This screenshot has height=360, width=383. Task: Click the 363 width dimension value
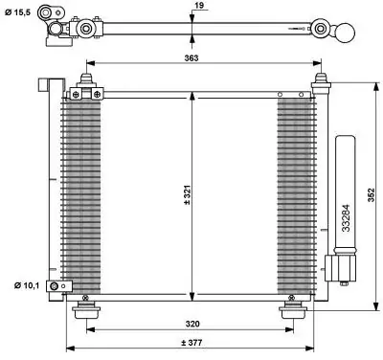(191, 58)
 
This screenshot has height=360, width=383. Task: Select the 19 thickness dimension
(199, 6)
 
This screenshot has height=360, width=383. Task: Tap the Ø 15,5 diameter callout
(18, 12)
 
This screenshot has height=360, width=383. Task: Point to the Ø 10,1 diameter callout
(27, 285)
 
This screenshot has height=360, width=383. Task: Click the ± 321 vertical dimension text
(188, 194)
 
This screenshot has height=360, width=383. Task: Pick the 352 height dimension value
(372, 195)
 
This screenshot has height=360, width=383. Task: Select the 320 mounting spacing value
(192, 324)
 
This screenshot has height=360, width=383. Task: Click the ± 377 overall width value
(191, 343)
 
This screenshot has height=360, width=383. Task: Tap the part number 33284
(346, 218)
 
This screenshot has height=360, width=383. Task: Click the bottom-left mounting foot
(86, 311)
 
